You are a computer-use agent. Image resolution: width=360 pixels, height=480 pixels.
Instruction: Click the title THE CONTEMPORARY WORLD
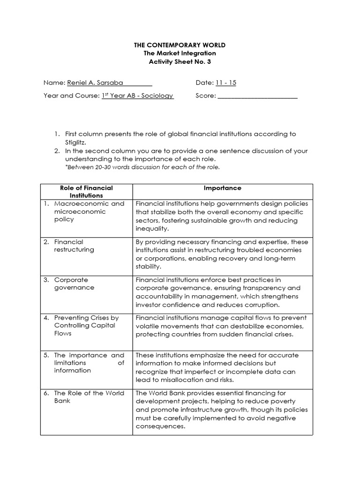(x=180, y=45)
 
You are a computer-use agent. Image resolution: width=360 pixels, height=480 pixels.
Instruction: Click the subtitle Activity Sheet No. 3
(x=180, y=61)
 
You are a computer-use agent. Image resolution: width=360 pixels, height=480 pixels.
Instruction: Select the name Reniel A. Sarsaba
(x=95, y=82)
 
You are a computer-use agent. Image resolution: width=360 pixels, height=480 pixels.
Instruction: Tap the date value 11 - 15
(x=226, y=82)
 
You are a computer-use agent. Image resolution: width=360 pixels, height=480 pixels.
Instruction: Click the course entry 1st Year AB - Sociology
(x=137, y=96)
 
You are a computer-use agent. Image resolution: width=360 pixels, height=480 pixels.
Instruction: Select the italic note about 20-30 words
(x=142, y=167)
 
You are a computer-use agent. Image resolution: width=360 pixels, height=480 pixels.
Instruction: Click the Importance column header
(x=223, y=188)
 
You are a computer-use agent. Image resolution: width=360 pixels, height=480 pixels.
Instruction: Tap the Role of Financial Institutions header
(x=86, y=191)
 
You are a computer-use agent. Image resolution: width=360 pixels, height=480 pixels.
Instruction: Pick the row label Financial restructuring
(x=74, y=246)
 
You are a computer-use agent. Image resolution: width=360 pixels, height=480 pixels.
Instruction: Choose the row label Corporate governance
(x=74, y=284)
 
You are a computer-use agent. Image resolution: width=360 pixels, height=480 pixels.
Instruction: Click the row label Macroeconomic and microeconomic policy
(x=89, y=211)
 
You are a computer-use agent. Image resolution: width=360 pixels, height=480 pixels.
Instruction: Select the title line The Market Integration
(x=180, y=53)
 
